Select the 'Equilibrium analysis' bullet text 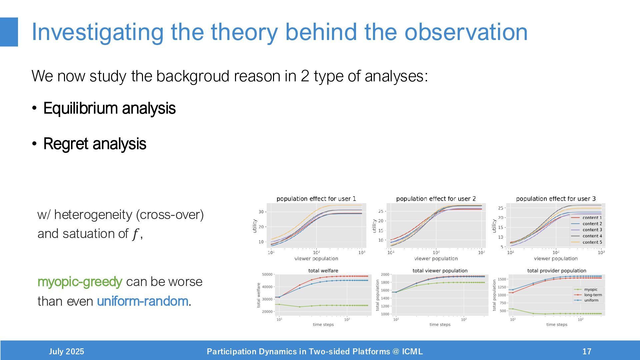click(x=109, y=108)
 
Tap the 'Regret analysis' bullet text click(x=95, y=144)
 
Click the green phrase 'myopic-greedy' click(x=80, y=282)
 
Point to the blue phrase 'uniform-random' click(x=143, y=301)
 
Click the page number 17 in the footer click(x=587, y=352)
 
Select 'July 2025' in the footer click(x=66, y=352)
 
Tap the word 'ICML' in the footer click(x=412, y=352)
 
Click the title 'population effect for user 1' click(x=316, y=199)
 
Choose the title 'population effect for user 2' click(x=436, y=199)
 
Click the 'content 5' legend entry click(x=592, y=242)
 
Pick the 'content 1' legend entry click(x=592, y=218)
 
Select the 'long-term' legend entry click(x=593, y=295)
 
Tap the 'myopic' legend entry click(x=591, y=290)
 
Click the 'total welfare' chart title click(x=323, y=271)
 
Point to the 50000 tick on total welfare click(x=267, y=275)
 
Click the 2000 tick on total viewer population click(x=385, y=275)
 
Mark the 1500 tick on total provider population click(x=502, y=279)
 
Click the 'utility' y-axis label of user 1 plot click(x=255, y=226)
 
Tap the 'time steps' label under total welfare click(x=323, y=325)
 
